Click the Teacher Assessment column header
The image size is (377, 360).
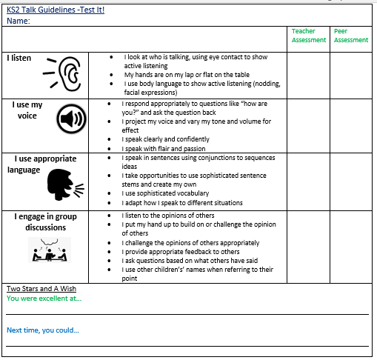tap(308, 36)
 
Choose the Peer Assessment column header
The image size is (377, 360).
tap(350, 36)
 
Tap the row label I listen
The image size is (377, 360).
tap(20, 58)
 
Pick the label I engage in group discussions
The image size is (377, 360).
tap(45, 221)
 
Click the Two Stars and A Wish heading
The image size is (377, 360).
tap(41, 288)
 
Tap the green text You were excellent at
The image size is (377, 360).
tap(44, 299)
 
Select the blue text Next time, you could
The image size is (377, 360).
tap(43, 330)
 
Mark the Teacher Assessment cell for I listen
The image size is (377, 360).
tap(308, 75)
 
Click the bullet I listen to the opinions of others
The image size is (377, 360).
tap(172, 215)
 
